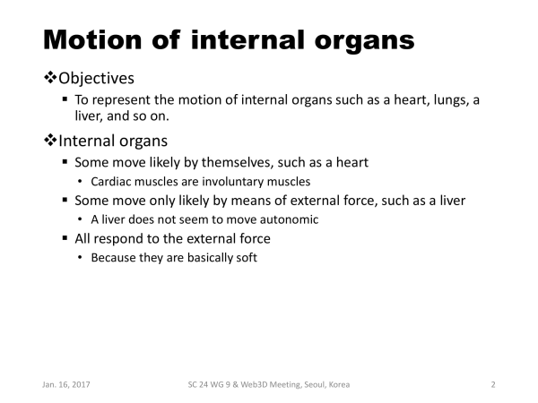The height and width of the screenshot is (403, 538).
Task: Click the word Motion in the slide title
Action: click(92, 40)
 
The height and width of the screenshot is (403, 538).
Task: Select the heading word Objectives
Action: click(97, 79)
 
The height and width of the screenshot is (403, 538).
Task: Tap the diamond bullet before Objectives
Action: click(50, 77)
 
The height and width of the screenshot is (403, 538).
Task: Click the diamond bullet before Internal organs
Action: click(50, 141)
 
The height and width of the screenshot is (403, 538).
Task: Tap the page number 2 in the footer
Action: click(493, 385)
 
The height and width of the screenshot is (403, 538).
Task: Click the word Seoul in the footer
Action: click(314, 385)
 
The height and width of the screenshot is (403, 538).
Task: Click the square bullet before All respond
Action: click(65, 238)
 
